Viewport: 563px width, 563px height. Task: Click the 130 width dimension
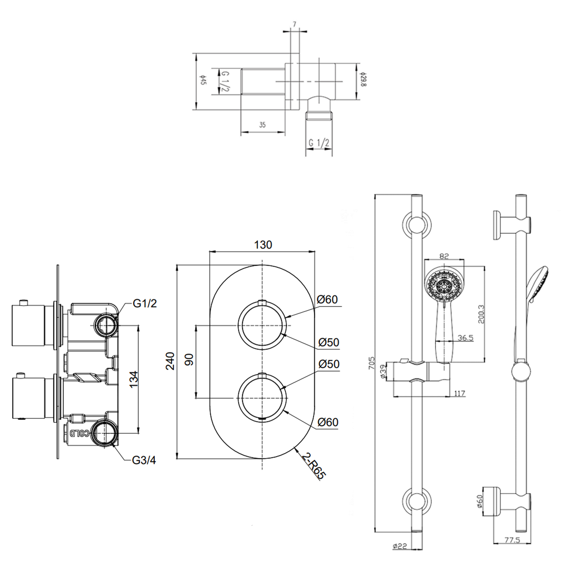(263, 245)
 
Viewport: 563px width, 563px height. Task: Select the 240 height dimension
(171, 361)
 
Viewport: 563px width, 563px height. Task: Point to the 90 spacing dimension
(189, 360)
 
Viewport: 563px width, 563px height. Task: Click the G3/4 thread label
(144, 460)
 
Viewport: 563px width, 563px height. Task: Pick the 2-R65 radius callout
(313, 465)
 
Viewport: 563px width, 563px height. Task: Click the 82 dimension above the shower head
(444, 256)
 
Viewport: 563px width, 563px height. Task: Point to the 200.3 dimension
(482, 314)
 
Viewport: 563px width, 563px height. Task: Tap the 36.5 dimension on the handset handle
(465, 338)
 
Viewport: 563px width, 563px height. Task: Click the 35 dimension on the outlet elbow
(262, 125)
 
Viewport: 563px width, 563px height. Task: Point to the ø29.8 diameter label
(363, 80)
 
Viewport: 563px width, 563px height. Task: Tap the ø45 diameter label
(203, 81)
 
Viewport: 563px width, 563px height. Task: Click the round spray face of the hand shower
(444, 288)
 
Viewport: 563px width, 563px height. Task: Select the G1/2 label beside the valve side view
(145, 303)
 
